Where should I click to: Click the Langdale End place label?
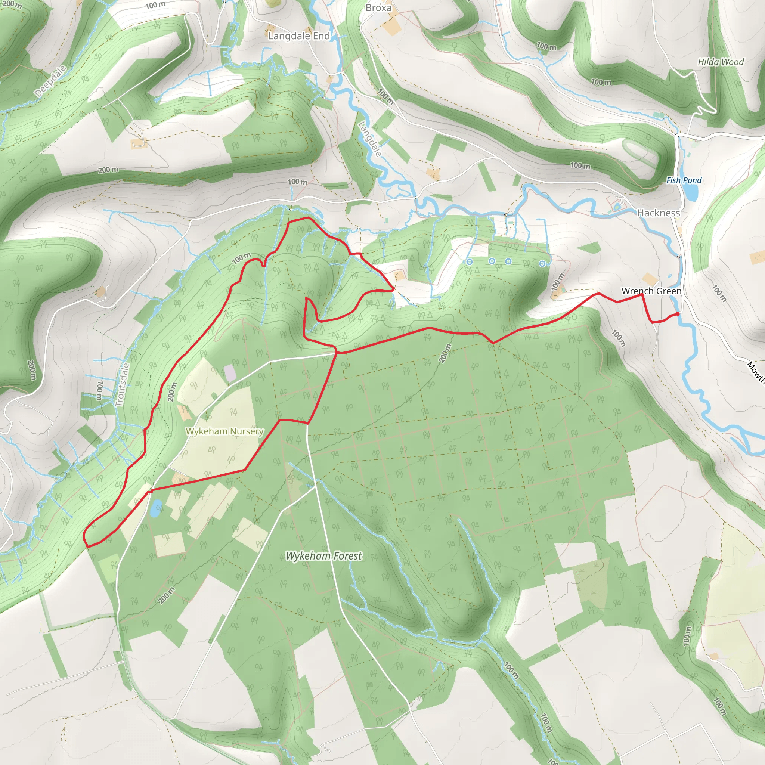point(299,36)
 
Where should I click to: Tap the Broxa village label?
point(378,8)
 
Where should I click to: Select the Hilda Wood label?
point(721,62)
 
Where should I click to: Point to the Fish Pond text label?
point(684,180)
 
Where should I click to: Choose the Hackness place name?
point(658,213)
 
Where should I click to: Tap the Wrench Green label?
point(651,291)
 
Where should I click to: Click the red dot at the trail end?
point(678,314)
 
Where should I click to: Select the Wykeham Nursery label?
point(224,431)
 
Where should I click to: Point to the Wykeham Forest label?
point(323,556)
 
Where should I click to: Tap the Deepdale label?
point(50,81)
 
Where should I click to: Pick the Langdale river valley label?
point(370,139)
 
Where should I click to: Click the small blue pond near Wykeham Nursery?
point(156,508)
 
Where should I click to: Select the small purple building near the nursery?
point(230,373)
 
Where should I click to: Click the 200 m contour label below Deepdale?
point(108,170)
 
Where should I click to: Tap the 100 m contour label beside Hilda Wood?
point(601,82)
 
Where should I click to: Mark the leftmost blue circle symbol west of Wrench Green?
point(469,262)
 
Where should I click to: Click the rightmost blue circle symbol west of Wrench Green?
point(542,263)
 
